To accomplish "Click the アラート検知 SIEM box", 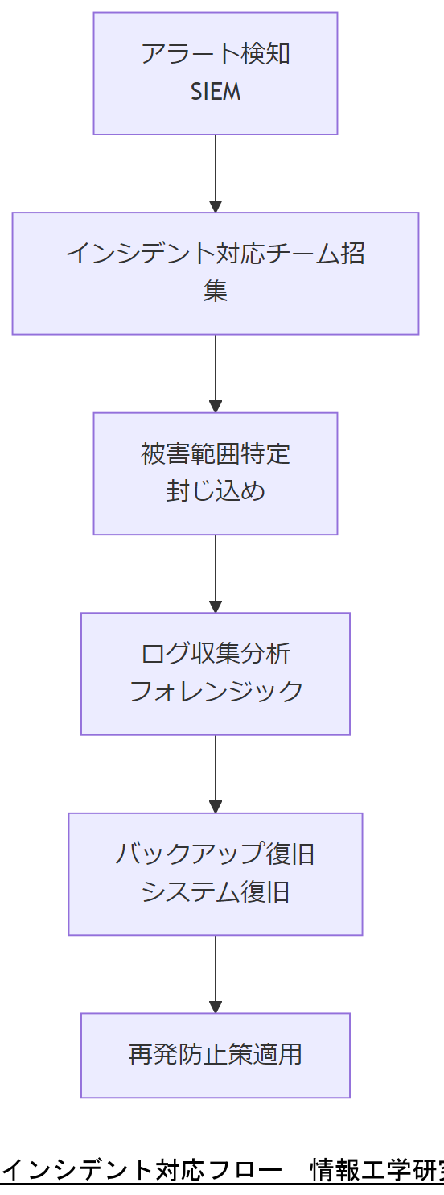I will click(215, 72).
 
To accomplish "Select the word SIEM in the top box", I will click(216, 92).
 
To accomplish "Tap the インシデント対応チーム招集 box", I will click(215, 273).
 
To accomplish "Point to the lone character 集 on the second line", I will click(216, 292).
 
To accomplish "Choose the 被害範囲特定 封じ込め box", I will click(215, 473).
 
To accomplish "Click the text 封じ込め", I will click(216, 492).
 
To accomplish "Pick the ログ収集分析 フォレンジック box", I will click(215, 673).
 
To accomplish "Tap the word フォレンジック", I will click(216, 692).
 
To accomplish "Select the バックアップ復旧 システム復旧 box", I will click(215, 874).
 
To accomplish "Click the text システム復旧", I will click(216, 892).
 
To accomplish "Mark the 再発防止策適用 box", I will click(215, 1055).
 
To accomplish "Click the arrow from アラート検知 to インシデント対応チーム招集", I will click(216, 173).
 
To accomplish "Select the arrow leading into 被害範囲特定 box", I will click(216, 374).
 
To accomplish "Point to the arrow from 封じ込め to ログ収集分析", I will click(216, 573).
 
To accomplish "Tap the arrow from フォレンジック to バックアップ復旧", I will click(216, 774).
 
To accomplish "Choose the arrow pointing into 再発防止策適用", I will click(216, 974).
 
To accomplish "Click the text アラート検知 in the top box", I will click(216, 54).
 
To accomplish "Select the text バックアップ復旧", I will click(216, 854).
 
